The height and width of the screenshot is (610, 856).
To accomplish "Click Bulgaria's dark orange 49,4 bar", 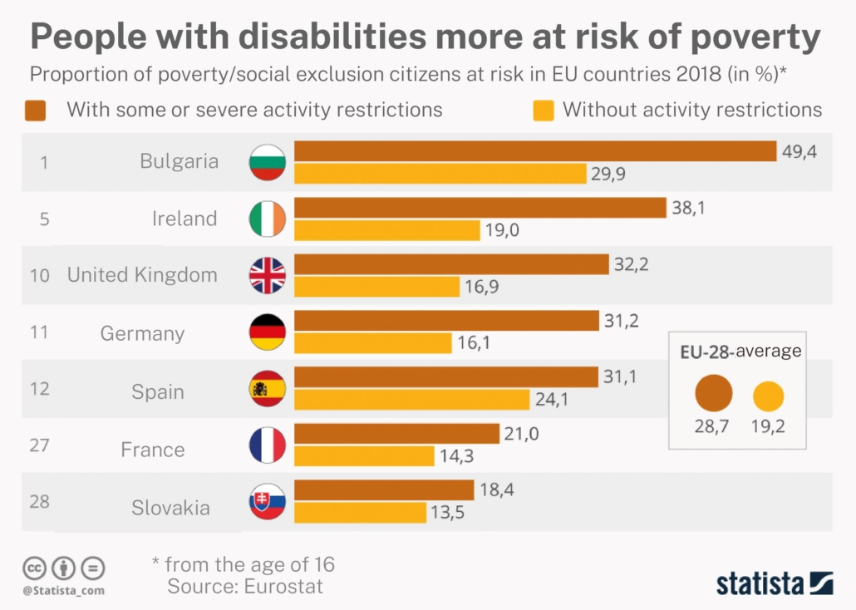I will click(x=535, y=150).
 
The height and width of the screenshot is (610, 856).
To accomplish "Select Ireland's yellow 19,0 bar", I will click(x=387, y=230).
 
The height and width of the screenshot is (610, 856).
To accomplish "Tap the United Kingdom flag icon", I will click(x=268, y=275).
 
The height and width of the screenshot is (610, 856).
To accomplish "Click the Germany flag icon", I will click(x=268, y=333).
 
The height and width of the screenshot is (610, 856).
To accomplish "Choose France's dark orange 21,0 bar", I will click(x=397, y=433).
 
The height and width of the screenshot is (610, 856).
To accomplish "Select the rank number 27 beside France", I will click(x=39, y=445).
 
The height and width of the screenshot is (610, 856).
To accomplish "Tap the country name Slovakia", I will click(x=170, y=508).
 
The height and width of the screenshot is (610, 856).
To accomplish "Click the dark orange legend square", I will click(x=36, y=110).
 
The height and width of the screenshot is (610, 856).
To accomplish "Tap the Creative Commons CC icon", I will click(x=34, y=568).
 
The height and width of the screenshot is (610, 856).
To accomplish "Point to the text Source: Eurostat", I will click(x=245, y=586).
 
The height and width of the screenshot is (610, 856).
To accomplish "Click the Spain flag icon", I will click(x=268, y=388).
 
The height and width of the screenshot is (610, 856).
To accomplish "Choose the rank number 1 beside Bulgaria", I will click(x=44, y=161).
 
